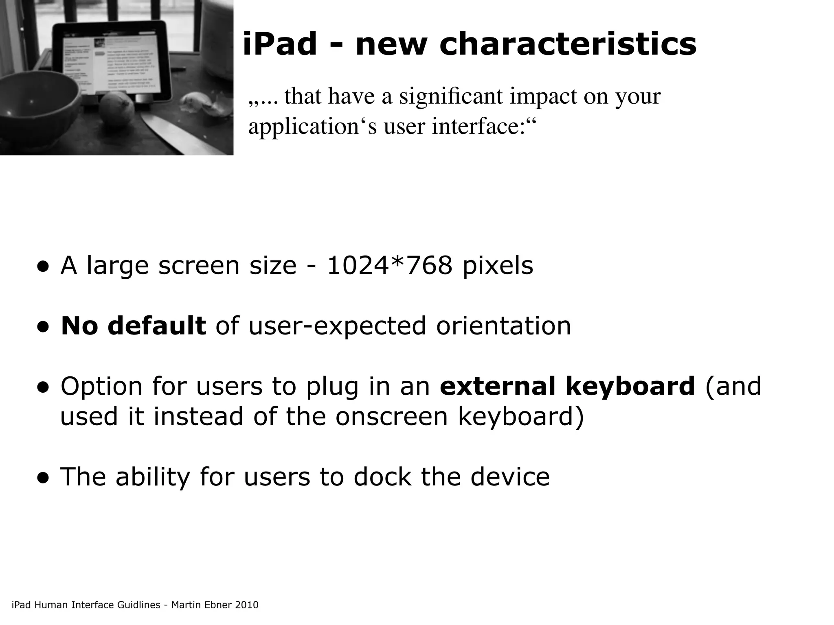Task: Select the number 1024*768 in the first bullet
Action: coord(390,266)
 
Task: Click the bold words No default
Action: coord(133,326)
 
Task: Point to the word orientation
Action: coord(503,326)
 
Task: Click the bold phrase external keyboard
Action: coord(567,386)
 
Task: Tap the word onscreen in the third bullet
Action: coord(391,417)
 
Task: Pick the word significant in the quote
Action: coord(450,96)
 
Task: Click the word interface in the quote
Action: coord(479,127)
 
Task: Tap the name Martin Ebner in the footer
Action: coord(196,605)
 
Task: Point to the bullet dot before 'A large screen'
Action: coord(43,267)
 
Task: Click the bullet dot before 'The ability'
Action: coord(43,479)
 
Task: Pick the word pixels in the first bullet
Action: coord(498,266)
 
